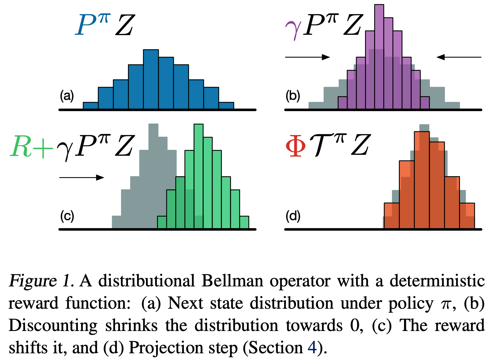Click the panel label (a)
pos(67,96)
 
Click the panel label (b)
pos(293,96)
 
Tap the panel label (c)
pos(67,216)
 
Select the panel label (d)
pos(293,216)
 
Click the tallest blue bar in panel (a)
pos(151,79)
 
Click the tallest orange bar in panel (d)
pos(422,180)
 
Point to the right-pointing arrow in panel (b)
pos(307,57)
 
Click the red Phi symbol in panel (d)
pos(296,146)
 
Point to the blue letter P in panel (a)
pos(87,26)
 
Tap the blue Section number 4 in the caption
pos(312,347)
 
